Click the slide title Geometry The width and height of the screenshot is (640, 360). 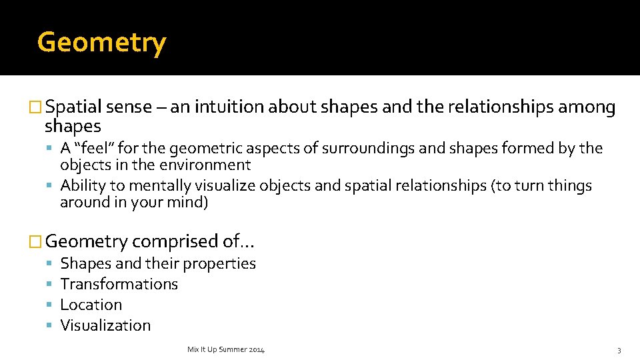pyautogui.click(x=101, y=43)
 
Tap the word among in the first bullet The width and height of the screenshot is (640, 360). pyautogui.click(x=585, y=108)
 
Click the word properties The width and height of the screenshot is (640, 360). pyautogui.click(x=219, y=264)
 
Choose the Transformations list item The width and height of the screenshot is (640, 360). pyautogui.click(x=119, y=284)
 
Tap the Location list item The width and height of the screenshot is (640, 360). pyautogui.click(x=91, y=305)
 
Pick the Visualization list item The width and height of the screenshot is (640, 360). pyautogui.click(x=105, y=325)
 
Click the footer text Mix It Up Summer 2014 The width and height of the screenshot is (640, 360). pyautogui.click(x=226, y=350)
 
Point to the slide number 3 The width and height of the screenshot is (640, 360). pyautogui.click(x=619, y=351)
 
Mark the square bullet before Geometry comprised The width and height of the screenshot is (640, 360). pyautogui.click(x=37, y=242)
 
